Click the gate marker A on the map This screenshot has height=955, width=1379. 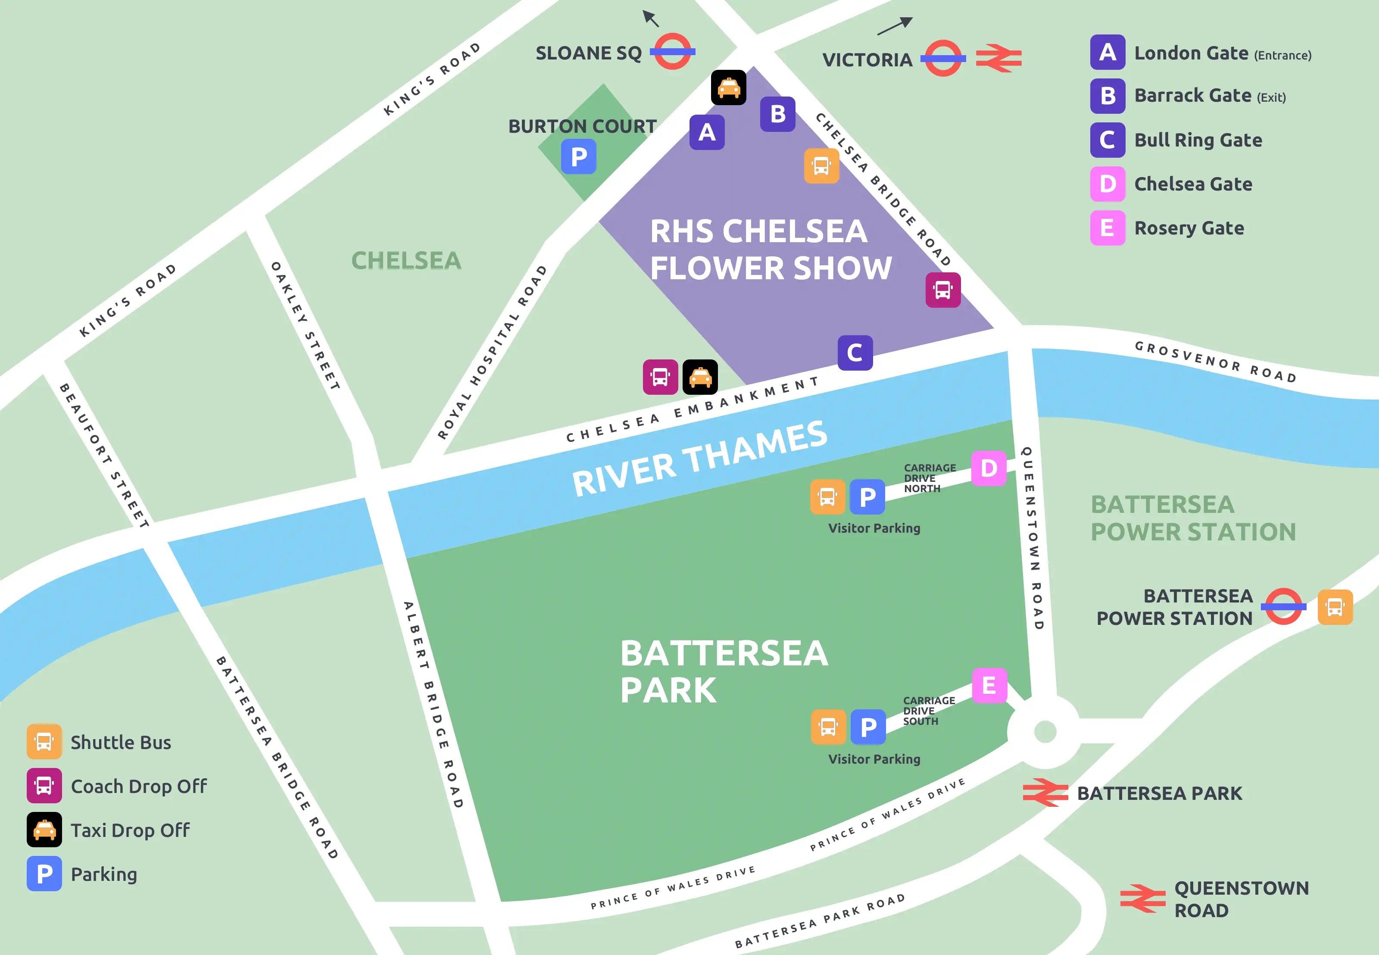pyautogui.click(x=707, y=132)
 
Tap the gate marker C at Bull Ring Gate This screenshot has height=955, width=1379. pyautogui.click(x=855, y=353)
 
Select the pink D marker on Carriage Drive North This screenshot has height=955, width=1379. pyautogui.click(x=988, y=468)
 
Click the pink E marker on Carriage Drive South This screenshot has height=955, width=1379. pyautogui.click(x=989, y=685)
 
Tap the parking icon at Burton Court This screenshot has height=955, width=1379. pyautogui.click(x=578, y=157)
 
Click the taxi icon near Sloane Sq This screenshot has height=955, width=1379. pyautogui.click(x=728, y=87)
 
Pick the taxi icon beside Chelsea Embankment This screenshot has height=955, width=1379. pyautogui.click(x=700, y=377)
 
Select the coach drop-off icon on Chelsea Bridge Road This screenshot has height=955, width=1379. pyautogui.click(x=943, y=290)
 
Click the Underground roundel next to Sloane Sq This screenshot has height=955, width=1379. pyautogui.click(x=672, y=51)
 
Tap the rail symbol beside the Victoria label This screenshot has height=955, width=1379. pyautogui.click(x=998, y=58)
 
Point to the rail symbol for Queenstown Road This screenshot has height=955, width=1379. pyautogui.click(x=1143, y=898)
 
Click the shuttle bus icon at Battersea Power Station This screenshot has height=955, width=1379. pyautogui.click(x=1335, y=607)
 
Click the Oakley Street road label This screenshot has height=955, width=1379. pyautogui.click(x=305, y=326)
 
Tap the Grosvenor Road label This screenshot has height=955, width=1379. pyautogui.click(x=1215, y=362)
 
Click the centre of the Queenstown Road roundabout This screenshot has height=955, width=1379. pyautogui.click(x=1045, y=731)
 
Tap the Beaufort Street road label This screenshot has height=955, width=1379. pyautogui.click(x=103, y=455)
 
